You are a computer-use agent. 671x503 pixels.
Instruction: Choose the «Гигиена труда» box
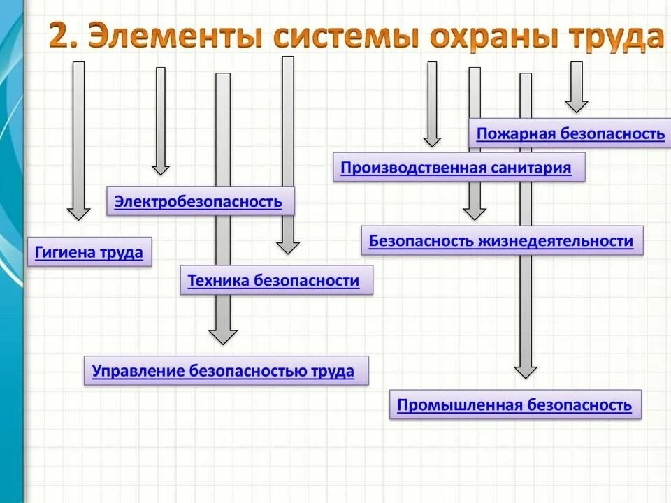tap(89, 253)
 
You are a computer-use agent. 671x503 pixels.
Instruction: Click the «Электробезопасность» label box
tap(199, 202)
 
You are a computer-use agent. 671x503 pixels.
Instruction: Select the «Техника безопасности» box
tap(273, 281)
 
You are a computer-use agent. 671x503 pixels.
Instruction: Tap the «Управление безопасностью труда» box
tap(224, 371)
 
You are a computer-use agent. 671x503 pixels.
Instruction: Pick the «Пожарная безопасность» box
tap(570, 133)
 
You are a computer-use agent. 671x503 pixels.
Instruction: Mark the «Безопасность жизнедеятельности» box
tap(501, 241)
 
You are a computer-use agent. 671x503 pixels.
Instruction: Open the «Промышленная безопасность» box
tap(514, 405)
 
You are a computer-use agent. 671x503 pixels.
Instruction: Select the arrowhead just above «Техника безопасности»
tap(287, 247)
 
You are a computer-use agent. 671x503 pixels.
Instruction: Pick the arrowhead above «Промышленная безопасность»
tap(526, 370)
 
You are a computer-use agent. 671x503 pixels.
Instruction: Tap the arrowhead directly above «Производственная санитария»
tap(432, 140)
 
